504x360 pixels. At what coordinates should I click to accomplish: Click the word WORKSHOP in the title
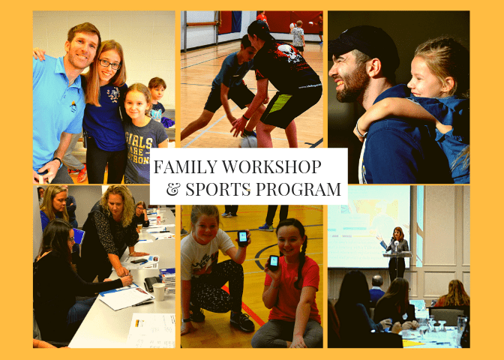click(271, 166)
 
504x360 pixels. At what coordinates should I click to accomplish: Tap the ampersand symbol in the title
click(172, 189)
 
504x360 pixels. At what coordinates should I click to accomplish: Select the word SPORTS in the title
click(217, 189)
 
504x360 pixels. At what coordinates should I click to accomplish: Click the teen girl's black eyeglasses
click(110, 64)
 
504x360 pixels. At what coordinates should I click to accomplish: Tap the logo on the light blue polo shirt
click(73, 106)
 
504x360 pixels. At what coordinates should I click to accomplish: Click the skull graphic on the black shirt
click(288, 52)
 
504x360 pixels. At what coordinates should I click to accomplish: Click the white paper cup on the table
click(158, 292)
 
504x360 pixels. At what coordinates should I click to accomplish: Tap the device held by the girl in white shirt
click(242, 238)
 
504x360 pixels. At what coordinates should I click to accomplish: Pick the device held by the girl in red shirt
click(274, 262)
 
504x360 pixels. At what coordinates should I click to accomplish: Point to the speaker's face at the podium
click(397, 234)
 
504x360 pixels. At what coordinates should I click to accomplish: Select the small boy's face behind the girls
click(157, 92)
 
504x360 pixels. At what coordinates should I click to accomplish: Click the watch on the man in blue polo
click(58, 160)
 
